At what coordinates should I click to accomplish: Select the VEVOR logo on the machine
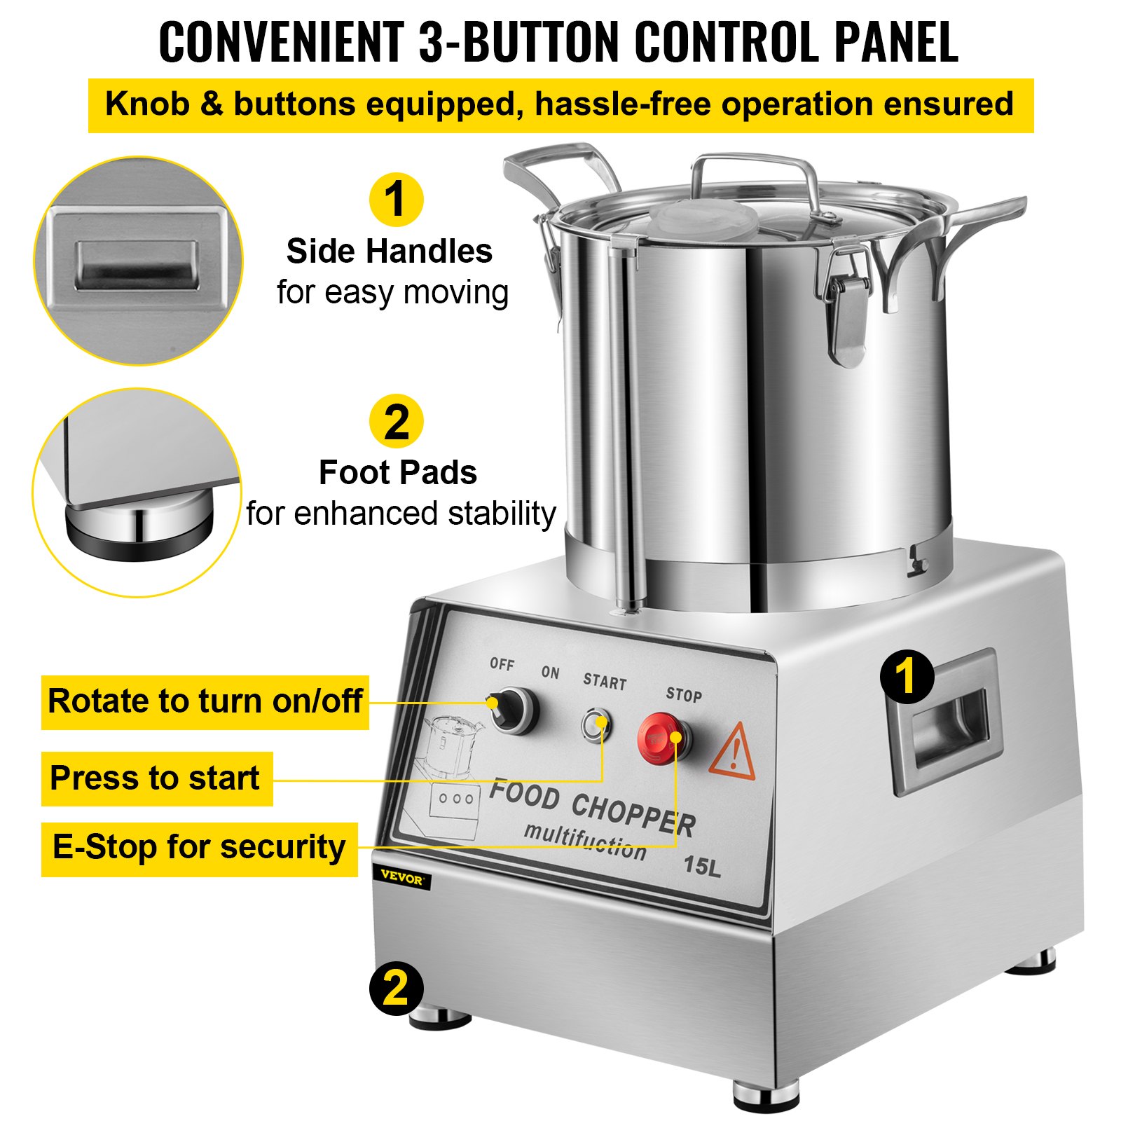(x=402, y=878)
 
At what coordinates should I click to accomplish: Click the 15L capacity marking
(x=701, y=867)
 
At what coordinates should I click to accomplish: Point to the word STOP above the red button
(x=683, y=694)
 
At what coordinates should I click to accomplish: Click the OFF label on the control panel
(x=502, y=663)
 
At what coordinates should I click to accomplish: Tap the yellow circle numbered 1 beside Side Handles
(x=396, y=200)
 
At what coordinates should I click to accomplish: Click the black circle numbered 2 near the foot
(x=396, y=988)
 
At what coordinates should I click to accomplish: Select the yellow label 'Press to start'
(x=156, y=778)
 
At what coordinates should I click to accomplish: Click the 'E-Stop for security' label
(x=199, y=848)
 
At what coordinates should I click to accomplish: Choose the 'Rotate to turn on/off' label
(x=205, y=701)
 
